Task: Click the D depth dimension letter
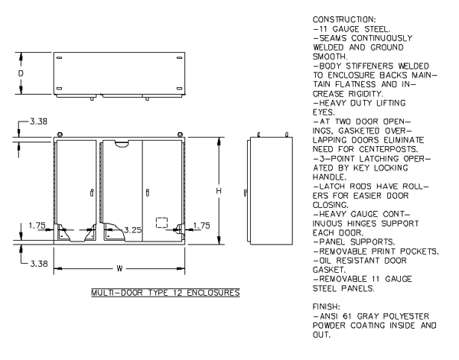(x=21, y=73)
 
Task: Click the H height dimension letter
(x=219, y=191)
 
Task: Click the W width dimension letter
(x=119, y=268)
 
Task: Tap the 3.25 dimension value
(x=133, y=230)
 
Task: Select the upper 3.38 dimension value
(x=38, y=122)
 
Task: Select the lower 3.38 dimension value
(x=39, y=264)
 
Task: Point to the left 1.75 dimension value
(x=37, y=225)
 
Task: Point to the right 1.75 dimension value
(x=202, y=225)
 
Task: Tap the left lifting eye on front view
(x=60, y=135)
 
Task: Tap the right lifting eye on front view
(x=180, y=135)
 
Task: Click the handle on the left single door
(x=92, y=193)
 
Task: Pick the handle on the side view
(x=246, y=193)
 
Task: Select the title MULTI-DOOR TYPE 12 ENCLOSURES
(x=166, y=293)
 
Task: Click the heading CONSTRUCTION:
(x=344, y=20)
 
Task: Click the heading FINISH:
(x=327, y=306)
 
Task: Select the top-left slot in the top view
(x=59, y=57)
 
